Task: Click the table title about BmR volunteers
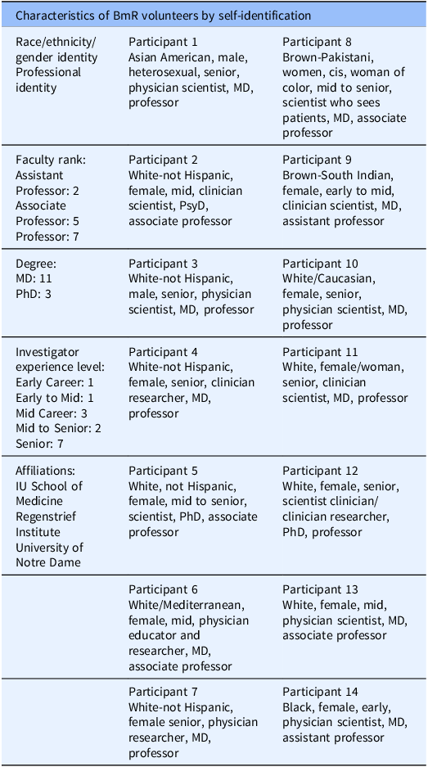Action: (163, 16)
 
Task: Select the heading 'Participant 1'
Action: (163, 42)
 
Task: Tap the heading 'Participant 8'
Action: (318, 42)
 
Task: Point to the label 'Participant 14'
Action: (321, 693)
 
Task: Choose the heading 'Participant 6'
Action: (163, 589)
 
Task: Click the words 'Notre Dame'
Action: (49, 563)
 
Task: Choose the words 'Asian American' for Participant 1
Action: (169, 57)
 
